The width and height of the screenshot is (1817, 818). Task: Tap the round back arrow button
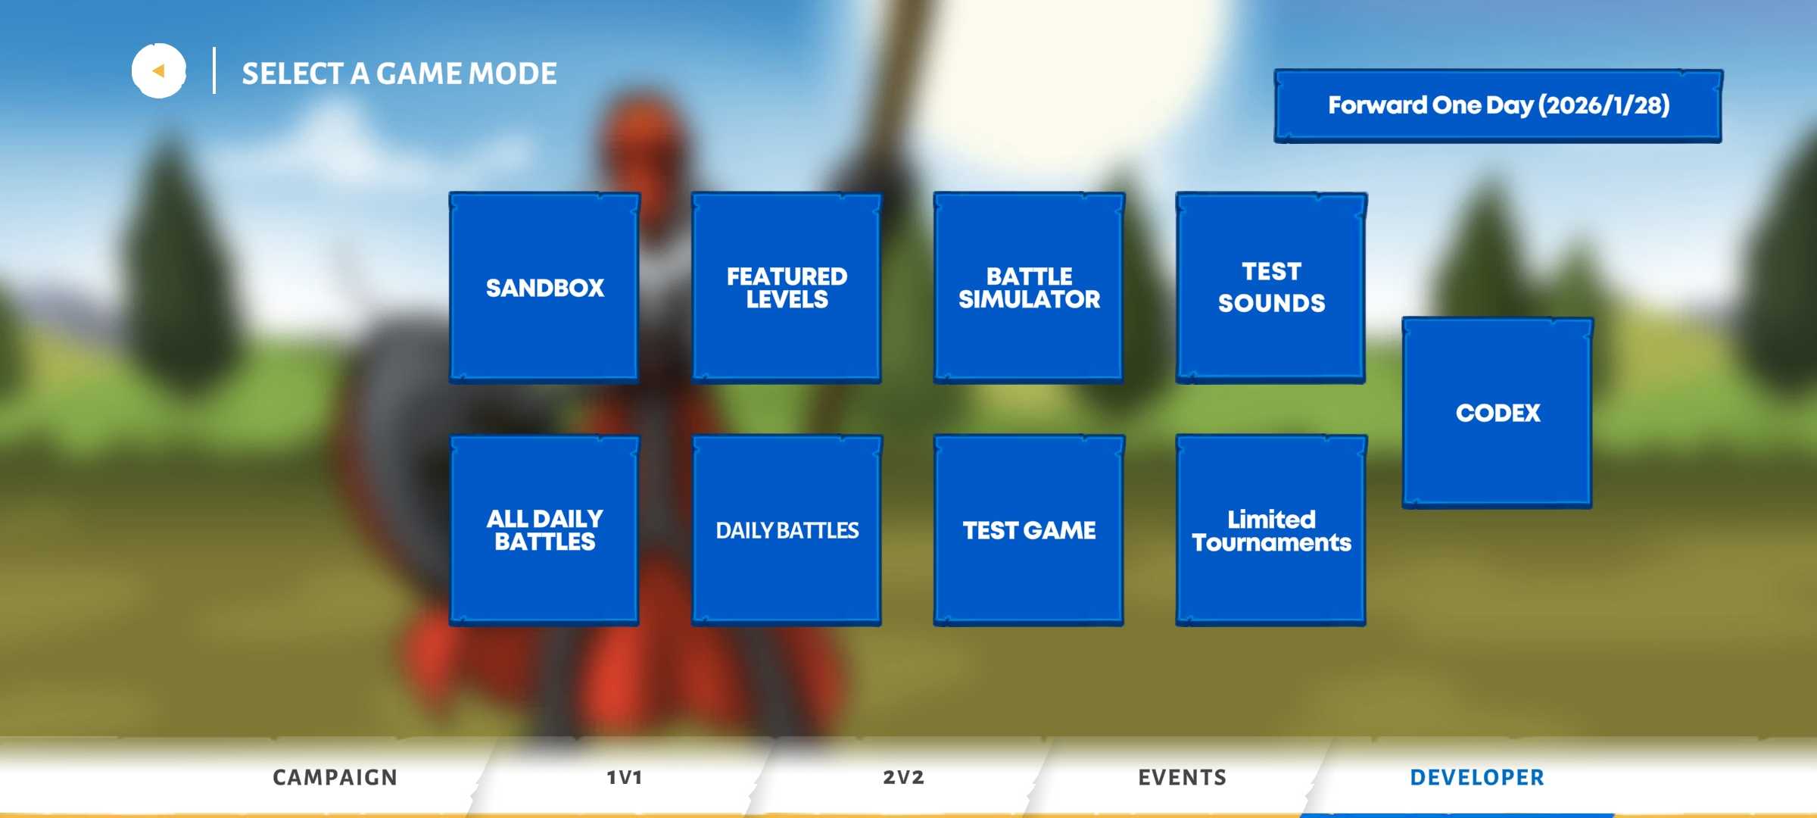[x=159, y=71]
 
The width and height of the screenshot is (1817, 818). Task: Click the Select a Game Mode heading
[x=399, y=73]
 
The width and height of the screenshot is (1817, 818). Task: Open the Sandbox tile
[x=544, y=288]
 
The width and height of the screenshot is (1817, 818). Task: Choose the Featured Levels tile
[x=787, y=288]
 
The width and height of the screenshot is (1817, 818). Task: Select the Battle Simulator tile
[x=1029, y=288]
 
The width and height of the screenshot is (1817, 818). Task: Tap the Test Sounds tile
[x=1271, y=288]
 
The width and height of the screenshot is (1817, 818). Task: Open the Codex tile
[x=1498, y=413]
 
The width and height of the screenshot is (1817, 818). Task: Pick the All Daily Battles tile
[x=544, y=530]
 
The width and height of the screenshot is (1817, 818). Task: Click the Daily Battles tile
[x=787, y=530]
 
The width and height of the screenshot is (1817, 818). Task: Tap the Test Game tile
[x=1029, y=530]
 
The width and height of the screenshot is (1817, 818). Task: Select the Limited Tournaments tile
[x=1271, y=530]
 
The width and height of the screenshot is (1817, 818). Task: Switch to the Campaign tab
[x=335, y=777]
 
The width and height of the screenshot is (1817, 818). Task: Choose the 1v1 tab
[x=625, y=777]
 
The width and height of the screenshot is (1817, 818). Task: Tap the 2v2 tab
[x=903, y=777]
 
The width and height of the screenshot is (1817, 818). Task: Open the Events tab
[x=1182, y=777]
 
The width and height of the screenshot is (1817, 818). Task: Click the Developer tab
[x=1476, y=777]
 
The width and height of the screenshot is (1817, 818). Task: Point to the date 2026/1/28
[x=1604, y=105]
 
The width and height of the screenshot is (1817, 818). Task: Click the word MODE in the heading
[x=513, y=73]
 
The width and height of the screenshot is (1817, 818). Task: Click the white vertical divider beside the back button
[x=214, y=70]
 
